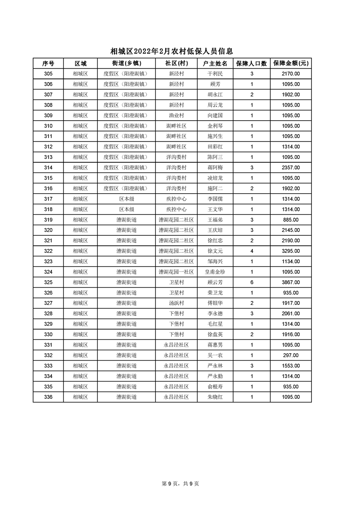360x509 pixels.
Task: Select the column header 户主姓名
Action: (x=215, y=63)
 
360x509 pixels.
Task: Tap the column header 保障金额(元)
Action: (x=291, y=63)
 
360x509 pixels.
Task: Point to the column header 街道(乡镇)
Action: (x=126, y=63)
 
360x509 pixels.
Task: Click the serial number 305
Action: (x=48, y=73)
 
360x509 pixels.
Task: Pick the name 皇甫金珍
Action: (x=215, y=272)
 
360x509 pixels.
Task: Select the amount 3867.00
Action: (x=291, y=282)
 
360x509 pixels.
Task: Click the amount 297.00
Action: (x=291, y=355)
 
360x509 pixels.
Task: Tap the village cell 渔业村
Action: (x=176, y=115)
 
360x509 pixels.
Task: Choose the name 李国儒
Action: (x=215, y=199)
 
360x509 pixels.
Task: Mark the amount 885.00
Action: (x=291, y=220)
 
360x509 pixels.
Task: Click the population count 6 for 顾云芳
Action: (x=252, y=282)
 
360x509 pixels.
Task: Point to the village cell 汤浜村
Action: (x=176, y=303)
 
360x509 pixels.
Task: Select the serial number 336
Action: (x=48, y=397)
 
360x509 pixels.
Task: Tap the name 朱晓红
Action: (x=215, y=397)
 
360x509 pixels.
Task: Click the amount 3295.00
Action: (x=291, y=251)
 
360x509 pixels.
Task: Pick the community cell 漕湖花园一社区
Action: (x=176, y=272)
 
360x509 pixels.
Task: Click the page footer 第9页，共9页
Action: (x=180, y=484)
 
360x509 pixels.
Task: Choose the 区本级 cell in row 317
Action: (x=126, y=199)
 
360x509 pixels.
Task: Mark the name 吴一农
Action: (x=215, y=355)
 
